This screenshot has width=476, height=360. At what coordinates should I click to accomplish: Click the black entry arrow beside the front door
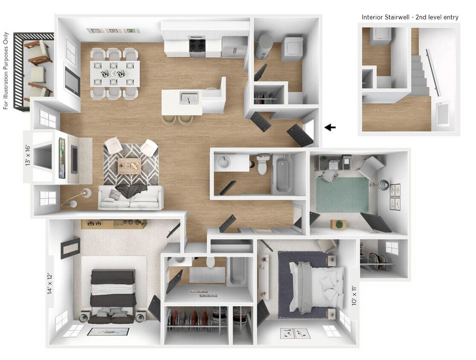pos(330,127)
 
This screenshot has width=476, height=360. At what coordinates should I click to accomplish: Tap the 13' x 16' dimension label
pos(29,156)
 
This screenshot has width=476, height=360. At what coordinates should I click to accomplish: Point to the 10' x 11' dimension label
pos(353,294)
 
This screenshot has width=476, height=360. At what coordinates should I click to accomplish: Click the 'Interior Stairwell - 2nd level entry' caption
pos(410,17)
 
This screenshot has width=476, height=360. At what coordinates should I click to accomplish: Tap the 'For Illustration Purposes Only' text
pos(6,70)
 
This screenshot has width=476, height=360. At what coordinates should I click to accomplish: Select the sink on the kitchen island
pos(188,98)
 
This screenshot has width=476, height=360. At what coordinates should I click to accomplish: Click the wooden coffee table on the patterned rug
pos(130,164)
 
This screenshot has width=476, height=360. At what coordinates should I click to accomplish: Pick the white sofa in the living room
pos(131,198)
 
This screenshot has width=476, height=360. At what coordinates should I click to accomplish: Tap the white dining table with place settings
pos(115,73)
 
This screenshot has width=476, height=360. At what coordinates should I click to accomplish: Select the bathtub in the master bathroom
pos(237,271)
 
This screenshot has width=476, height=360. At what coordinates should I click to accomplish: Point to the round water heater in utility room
pos(264,47)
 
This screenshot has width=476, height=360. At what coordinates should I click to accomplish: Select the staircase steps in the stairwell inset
pos(420,77)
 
